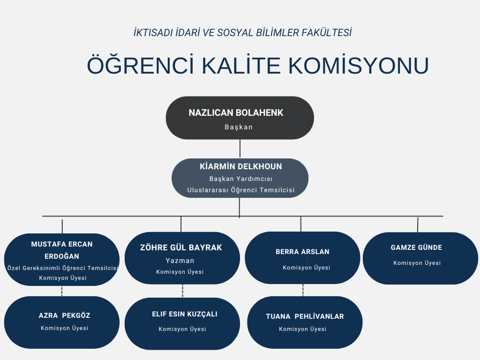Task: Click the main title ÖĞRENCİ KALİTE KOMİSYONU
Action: [x=258, y=65]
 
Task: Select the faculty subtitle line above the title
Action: [x=242, y=33]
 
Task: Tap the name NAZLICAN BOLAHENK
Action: [x=236, y=112]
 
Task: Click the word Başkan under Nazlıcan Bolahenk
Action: [x=239, y=127]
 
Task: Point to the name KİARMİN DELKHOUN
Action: [x=240, y=166]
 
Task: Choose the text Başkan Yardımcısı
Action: [x=241, y=179]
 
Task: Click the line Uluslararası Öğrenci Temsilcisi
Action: [x=241, y=190]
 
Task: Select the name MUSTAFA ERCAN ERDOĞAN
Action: [x=62, y=250]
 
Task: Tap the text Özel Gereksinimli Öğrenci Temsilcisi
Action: [x=62, y=268]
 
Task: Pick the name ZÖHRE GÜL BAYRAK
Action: [x=181, y=247]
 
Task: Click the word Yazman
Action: [x=180, y=261]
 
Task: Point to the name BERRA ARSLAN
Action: [x=302, y=252]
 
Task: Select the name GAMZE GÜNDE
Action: [x=416, y=247]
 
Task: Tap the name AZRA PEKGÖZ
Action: [x=64, y=315]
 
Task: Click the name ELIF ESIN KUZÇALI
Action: [x=185, y=314]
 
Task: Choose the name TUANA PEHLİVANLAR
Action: [x=305, y=316]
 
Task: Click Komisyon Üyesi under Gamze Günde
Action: [x=417, y=263]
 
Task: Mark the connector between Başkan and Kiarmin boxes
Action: [x=240, y=149]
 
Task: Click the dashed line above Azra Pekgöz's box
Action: [x=62, y=291]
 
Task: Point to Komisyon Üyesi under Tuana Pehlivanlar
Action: [x=302, y=329]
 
